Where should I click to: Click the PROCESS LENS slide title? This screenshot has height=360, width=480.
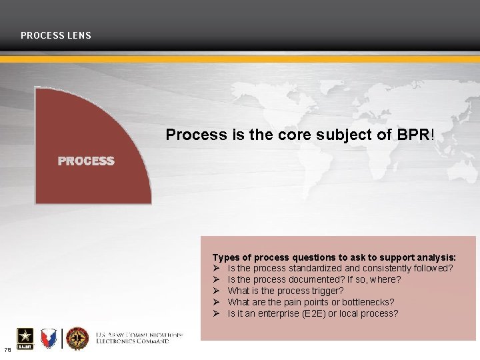click(56, 35)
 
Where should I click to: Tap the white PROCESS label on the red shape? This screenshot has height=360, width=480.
click(86, 161)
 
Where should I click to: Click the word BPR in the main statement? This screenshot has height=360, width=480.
click(413, 135)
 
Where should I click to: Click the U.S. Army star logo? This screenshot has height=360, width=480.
click(21, 339)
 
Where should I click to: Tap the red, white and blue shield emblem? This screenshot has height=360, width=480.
click(48, 339)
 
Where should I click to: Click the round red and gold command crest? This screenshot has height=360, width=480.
click(78, 339)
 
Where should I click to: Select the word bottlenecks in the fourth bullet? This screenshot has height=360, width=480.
click(369, 302)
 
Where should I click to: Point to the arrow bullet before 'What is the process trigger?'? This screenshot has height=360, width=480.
click(217, 291)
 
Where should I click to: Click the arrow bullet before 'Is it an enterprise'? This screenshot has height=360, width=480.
click(217, 313)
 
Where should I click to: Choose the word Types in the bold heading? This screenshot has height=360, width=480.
click(225, 257)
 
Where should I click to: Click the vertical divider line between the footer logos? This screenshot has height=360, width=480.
click(62, 339)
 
